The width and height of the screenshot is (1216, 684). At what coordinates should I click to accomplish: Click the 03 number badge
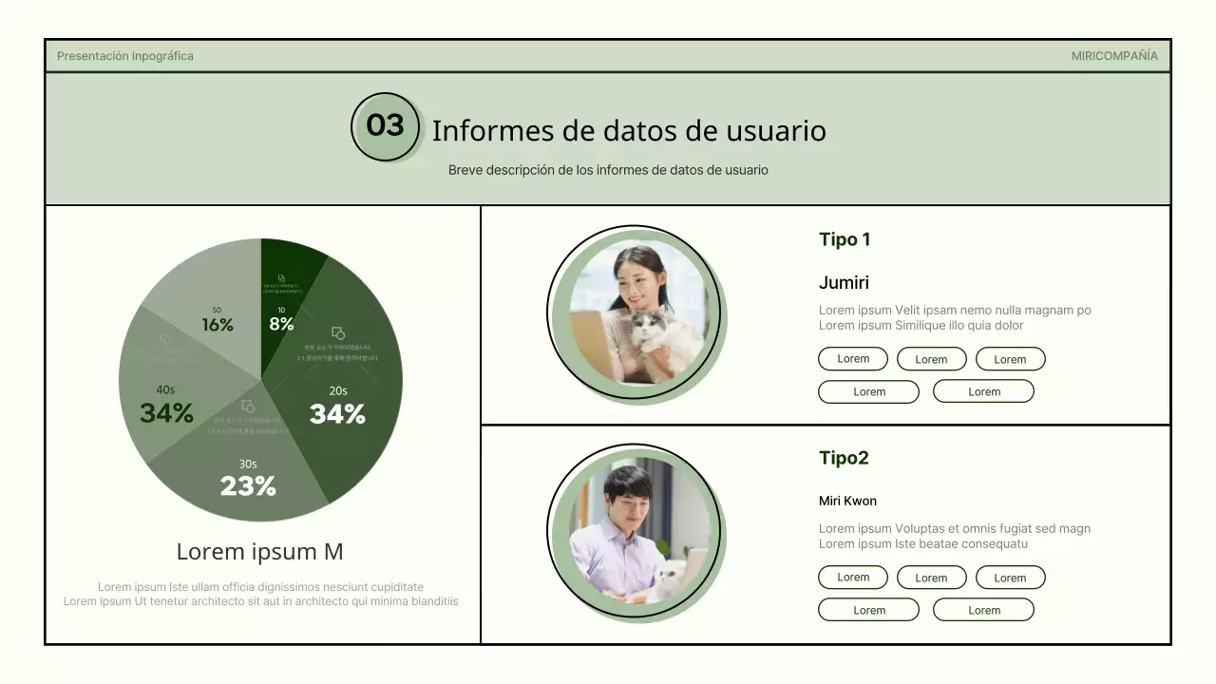coord(385,126)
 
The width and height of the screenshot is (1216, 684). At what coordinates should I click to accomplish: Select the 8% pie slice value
coord(281,323)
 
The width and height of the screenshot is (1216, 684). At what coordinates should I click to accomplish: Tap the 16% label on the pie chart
coord(218,324)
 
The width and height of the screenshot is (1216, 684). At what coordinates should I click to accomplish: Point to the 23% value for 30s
coord(248,485)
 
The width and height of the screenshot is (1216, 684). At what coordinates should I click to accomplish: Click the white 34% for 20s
coord(337,413)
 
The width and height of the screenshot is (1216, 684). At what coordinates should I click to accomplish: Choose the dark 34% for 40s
coord(166,412)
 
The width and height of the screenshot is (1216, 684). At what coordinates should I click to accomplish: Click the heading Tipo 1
coord(845,239)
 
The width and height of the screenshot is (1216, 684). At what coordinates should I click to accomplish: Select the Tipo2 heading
coord(844,458)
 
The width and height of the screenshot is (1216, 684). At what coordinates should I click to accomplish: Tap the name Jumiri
coord(844,282)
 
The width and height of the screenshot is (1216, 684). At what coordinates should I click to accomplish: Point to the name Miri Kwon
coord(847,501)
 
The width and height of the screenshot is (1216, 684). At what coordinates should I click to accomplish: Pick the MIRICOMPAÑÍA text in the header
coord(1114,56)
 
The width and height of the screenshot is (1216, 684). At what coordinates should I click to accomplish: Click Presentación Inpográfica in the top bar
coord(125,56)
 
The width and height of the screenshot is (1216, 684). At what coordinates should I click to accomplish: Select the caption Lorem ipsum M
coord(259,552)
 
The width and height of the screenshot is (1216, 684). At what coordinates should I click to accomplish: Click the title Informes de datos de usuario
coord(629,130)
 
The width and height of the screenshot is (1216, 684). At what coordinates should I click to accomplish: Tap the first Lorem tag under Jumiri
coord(853,359)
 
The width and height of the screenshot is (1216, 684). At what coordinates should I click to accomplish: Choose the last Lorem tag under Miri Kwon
coord(983,610)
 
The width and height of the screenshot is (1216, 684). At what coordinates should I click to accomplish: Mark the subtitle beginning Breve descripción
coord(608,170)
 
